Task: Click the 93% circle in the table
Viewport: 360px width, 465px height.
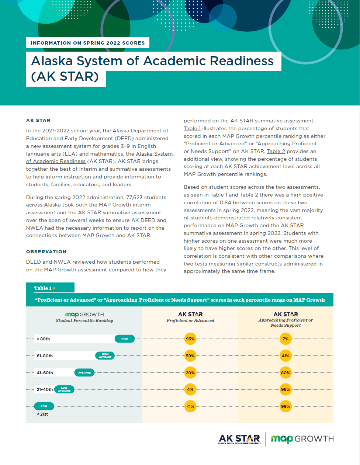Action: pyautogui.click(x=190, y=339)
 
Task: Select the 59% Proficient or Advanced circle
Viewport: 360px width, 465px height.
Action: pyautogui.click(x=190, y=356)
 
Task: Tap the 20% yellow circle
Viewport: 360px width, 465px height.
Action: pyautogui.click(x=190, y=373)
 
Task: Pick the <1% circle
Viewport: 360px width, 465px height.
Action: pyautogui.click(x=190, y=406)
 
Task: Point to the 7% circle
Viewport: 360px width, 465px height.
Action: pyautogui.click(x=285, y=339)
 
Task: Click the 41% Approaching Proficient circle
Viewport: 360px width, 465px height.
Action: pyautogui.click(x=285, y=356)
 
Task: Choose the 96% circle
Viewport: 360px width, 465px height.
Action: pyautogui.click(x=285, y=389)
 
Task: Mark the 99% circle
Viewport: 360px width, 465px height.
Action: pyautogui.click(x=285, y=406)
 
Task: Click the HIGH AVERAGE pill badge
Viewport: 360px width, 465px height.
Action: pyautogui.click(x=105, y=356)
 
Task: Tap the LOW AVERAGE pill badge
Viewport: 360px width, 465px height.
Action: pyautogui.click(x=64, y=389)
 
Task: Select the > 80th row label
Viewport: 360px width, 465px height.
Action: pyautogui.click(x=44, y=339)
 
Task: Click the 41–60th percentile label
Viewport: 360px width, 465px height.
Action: pyautogui.click(x=45, y=373)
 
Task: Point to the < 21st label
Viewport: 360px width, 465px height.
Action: pyautogui.click(x=42, y=414)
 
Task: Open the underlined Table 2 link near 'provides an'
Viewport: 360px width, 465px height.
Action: pyautogui.click(x=276, y=151)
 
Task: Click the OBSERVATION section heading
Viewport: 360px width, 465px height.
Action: pyautogui.click(x=46, y=251)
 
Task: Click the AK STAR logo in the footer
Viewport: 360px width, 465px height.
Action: pyautogui.click(x=239, y=439)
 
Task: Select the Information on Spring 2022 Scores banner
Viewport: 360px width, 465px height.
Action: pyautogui.click(x=87, y=43)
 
